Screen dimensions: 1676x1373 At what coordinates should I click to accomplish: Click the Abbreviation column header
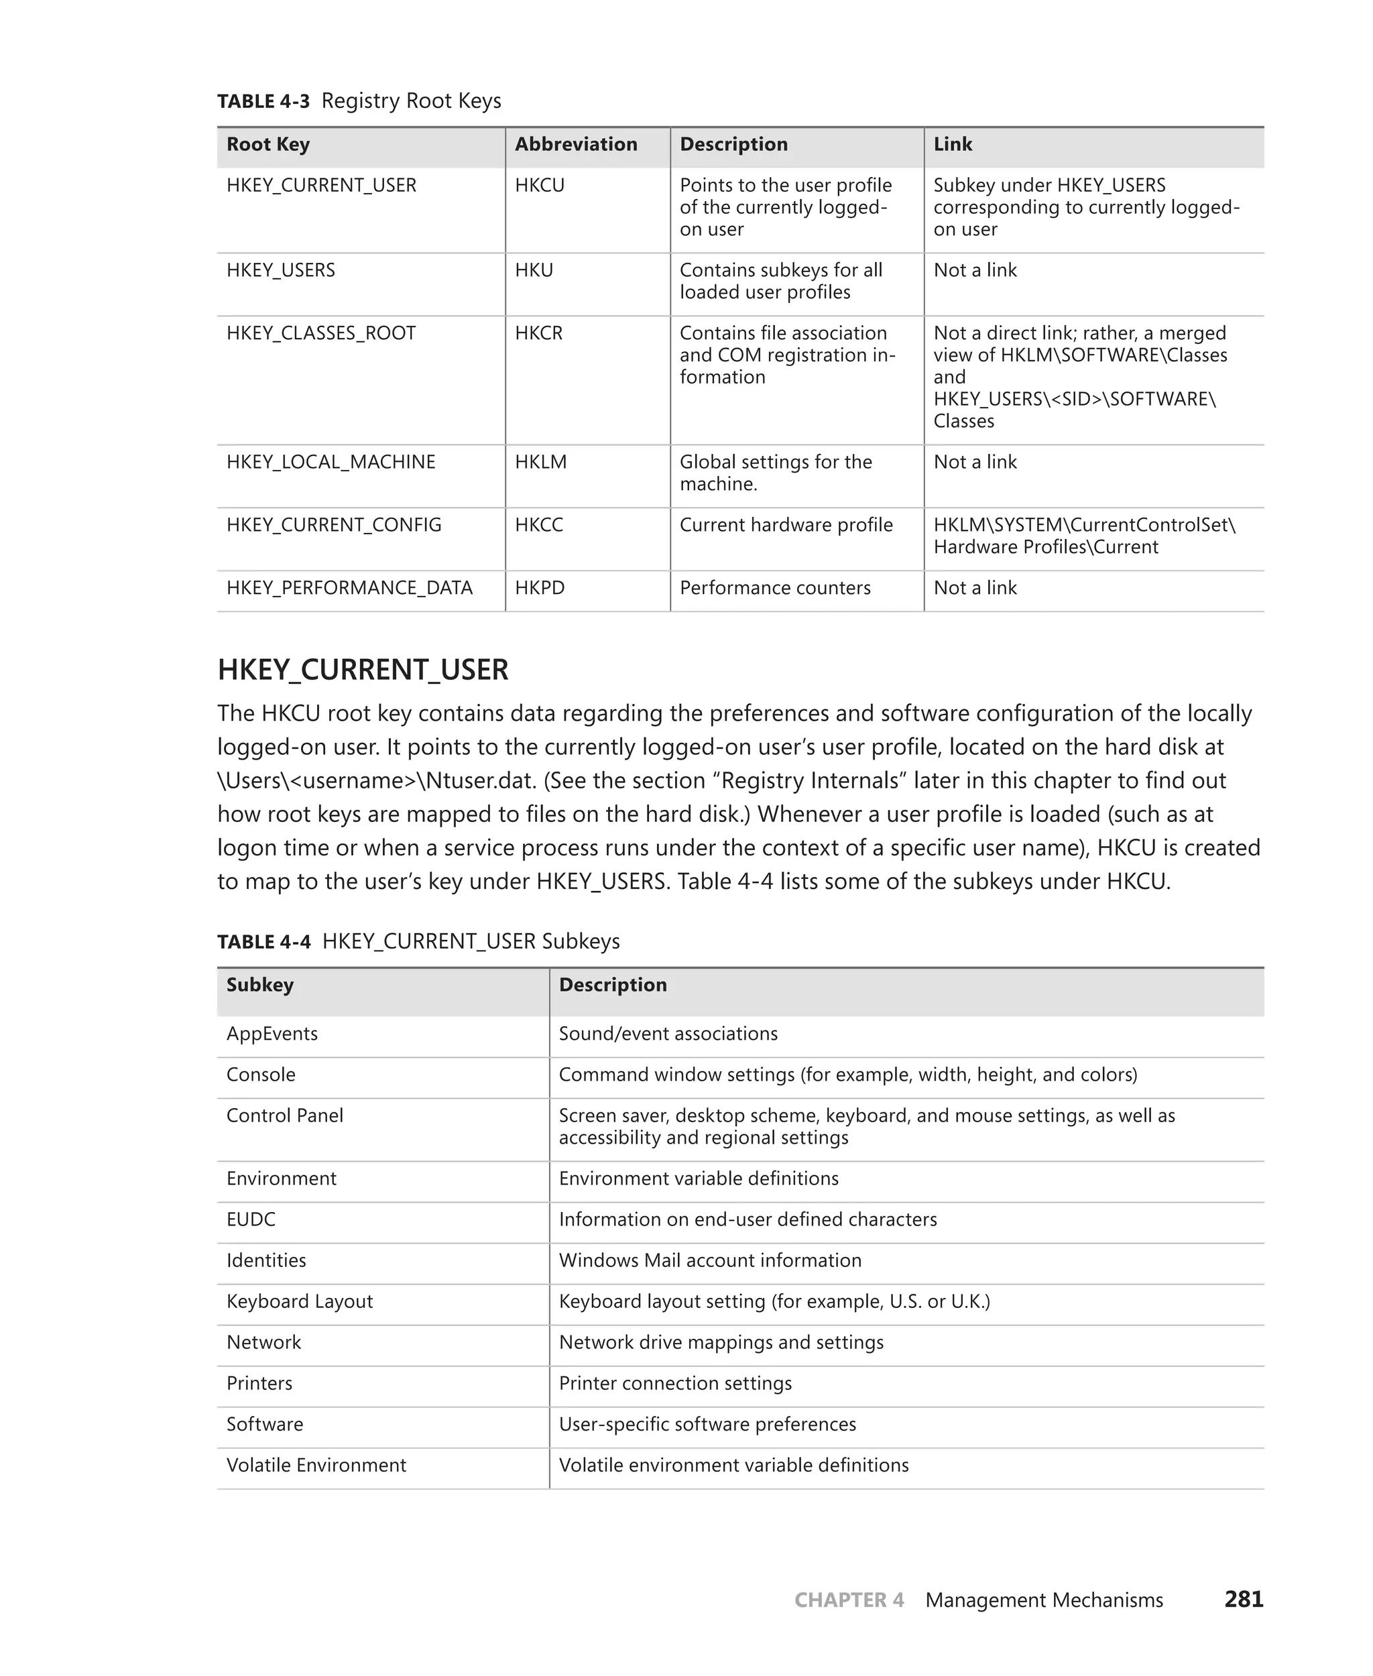(576, 144)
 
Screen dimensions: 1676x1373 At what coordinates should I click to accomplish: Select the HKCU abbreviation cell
(540, 185)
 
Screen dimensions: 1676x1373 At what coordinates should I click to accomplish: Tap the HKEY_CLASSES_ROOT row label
(321, 333)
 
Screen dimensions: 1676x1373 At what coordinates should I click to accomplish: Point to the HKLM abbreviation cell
(541, 462)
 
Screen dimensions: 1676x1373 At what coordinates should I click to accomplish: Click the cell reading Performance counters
(775, 588)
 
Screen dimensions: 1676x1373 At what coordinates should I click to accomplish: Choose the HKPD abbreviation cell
(540, 588)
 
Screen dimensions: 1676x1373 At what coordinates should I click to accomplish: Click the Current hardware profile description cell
(786, 525)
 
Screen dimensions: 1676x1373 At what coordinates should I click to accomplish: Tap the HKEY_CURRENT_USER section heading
(363, 670)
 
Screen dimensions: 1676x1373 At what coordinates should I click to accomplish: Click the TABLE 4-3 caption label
(263, 101)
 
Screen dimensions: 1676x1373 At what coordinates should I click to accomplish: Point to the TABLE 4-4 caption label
(264, 941)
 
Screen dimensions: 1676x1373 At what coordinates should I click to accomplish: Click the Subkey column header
(260, 985)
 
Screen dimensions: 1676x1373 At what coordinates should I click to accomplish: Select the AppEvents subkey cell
(272, 1034)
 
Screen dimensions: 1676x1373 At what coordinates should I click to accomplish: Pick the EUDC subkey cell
(251, 1219)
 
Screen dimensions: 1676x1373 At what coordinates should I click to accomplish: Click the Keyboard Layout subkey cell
(300, 1301)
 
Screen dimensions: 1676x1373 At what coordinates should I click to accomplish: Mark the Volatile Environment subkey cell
(316, 1465)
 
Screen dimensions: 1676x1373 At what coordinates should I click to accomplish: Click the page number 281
(1244, 1600)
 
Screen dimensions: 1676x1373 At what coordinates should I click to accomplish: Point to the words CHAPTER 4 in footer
(849, 1600)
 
